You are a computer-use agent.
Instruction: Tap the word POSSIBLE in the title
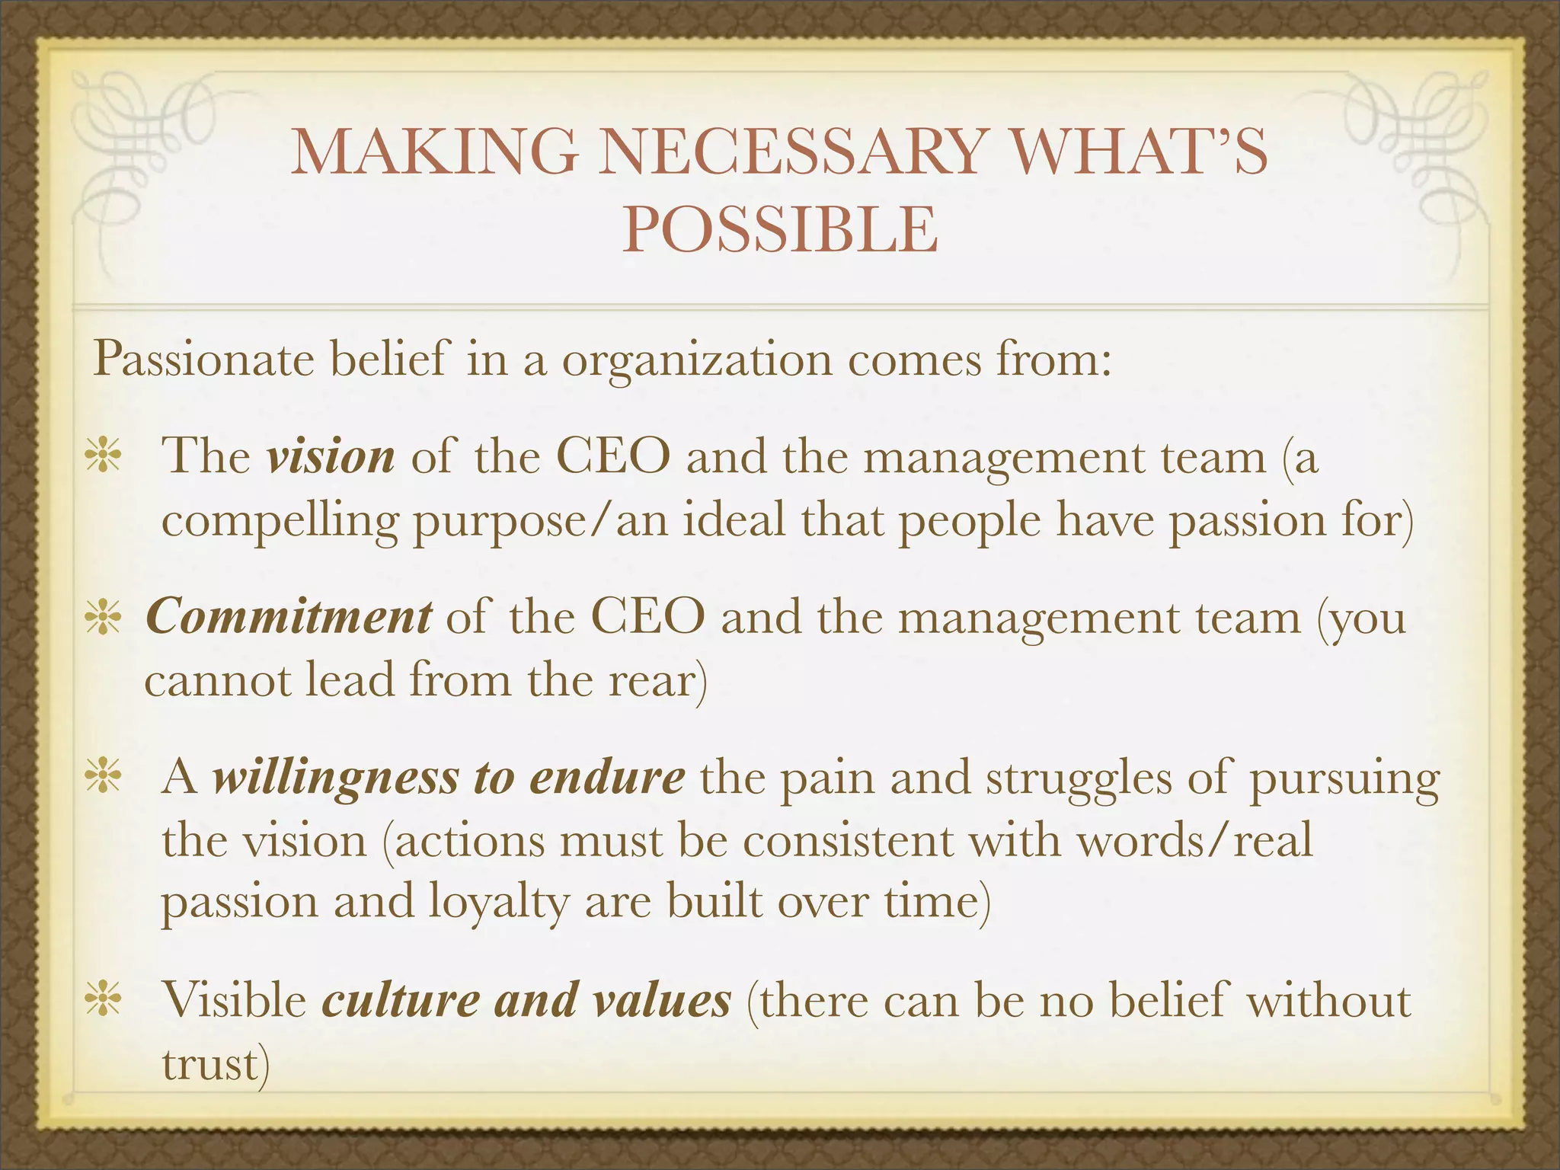pyautogui.click(x=780, y=229)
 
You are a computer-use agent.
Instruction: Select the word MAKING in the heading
pyautogui.click(x=434, y=152)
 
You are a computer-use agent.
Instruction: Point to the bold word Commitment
pyautogui.click(x=289, y=617)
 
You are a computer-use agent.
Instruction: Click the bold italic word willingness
pyautogui.click(x=334, y=778)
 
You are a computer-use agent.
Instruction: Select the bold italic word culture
pyautogui.click(x=401, y=1000)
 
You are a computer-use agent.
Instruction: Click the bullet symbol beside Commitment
pyautogui.click(x=103, y=618)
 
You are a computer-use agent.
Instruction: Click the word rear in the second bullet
pyautogui.click(x=653, y=680)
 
